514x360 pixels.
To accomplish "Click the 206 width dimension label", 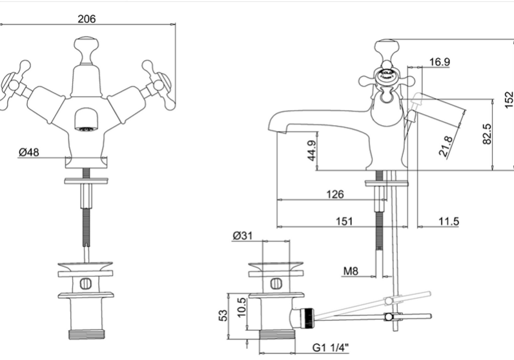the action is (87, 19).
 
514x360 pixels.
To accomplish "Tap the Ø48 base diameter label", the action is (29, 152).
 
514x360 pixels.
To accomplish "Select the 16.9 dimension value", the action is (440, 61).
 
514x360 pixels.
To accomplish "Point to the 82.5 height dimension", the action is (488, 134).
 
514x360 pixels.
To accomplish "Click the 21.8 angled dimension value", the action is (446, 146).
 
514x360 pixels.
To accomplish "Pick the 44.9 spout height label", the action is (312, 151).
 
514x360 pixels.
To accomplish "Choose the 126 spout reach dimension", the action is (335, 194).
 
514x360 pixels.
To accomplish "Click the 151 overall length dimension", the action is (345, 221).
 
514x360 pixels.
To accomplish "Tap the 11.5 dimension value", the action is (449, 221).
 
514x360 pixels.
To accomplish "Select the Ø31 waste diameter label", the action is (243, 235).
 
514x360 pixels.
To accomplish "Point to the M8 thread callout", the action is (351, 271).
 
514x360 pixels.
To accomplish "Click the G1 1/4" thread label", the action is (331, 347).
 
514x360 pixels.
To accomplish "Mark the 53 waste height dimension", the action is (223, 315).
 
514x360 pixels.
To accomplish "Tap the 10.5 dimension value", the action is (242, 307).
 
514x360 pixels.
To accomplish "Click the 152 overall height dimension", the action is (509, 100).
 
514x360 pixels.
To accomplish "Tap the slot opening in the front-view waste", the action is (86, 284).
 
